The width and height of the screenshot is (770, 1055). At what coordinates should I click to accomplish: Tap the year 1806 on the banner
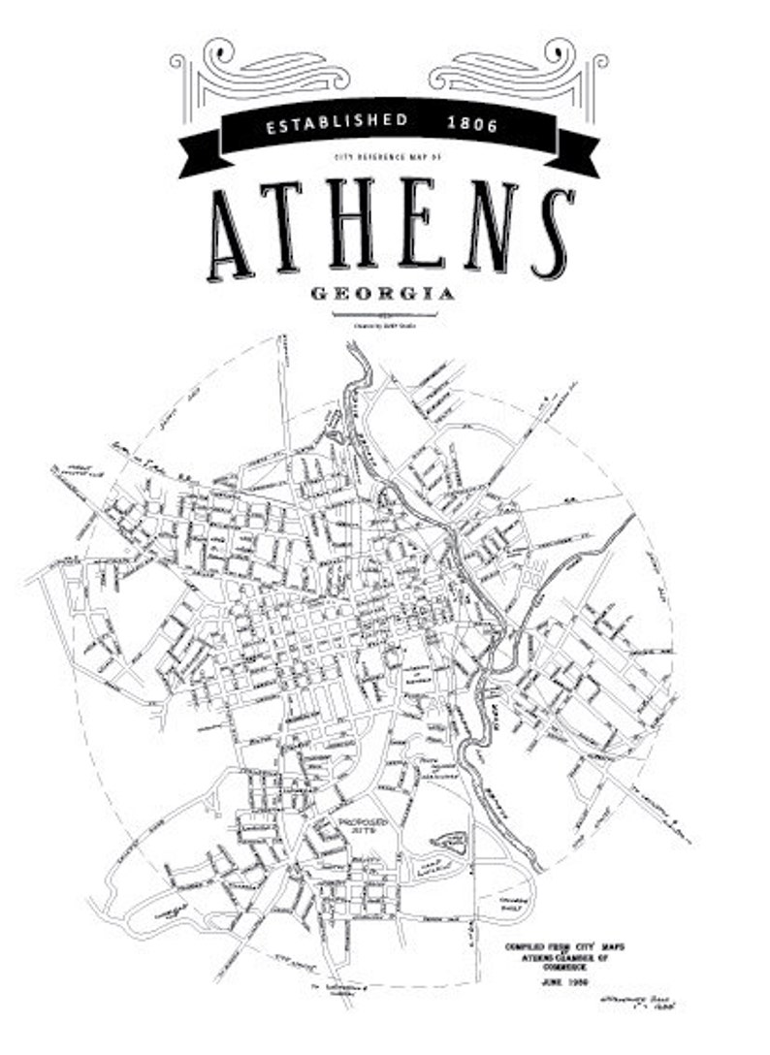(x=472, y=124)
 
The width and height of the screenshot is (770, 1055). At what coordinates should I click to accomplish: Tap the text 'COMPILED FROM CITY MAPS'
(x=557, y=945)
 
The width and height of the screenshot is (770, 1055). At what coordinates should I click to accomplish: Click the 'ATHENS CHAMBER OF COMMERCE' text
(x=557, y=963)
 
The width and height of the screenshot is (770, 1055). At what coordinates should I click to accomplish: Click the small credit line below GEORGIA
(x=385, y=324)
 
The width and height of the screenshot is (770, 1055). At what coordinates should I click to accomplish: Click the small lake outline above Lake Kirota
(x=449, y=839)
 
